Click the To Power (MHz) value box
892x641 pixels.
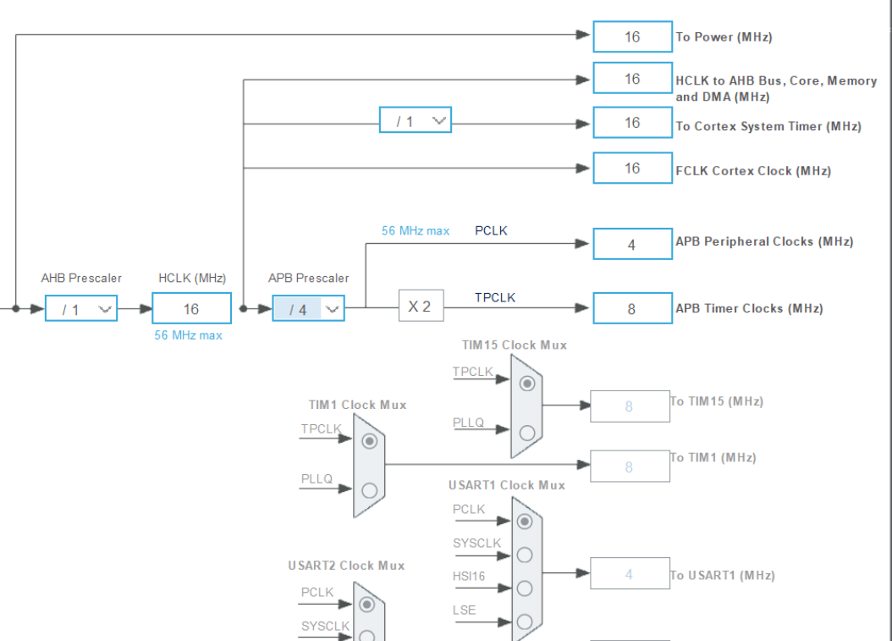point(632,37)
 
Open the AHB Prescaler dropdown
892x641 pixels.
point(81,309)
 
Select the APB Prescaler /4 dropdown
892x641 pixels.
point(308,309)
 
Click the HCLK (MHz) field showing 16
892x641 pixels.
point(191,309)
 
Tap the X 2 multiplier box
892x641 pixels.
point(421,307)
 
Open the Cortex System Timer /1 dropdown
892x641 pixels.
point(415,121)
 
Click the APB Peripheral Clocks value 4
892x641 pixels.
point(632,245)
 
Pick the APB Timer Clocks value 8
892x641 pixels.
point(632,309)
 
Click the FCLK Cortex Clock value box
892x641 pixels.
point(632,168)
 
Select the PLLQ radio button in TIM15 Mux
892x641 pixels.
point(527,433)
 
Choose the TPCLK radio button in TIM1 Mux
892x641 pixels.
point(369,441)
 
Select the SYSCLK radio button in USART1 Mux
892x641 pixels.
point(525,555)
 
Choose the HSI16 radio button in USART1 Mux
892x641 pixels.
point(525,588)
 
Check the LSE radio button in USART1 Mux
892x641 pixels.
point(525,622)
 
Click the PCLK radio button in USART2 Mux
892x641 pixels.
point(366,604)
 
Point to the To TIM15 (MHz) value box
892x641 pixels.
point(629,406)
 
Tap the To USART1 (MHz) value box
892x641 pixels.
point(629,574)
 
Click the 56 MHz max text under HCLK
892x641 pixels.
point(188,335)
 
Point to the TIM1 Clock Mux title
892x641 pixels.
point(357,405)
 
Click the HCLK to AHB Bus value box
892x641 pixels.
point(632,79)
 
